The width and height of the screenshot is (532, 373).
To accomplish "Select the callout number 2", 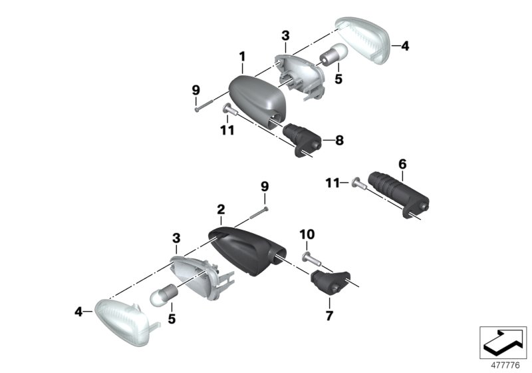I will [221, 209].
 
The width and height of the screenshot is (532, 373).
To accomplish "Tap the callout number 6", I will [402, 163].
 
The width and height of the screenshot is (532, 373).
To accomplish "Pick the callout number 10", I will [308, 234].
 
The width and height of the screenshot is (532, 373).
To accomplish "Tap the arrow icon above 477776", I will [503, 340].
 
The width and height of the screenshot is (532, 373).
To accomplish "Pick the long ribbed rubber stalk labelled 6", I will [398, 190].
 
